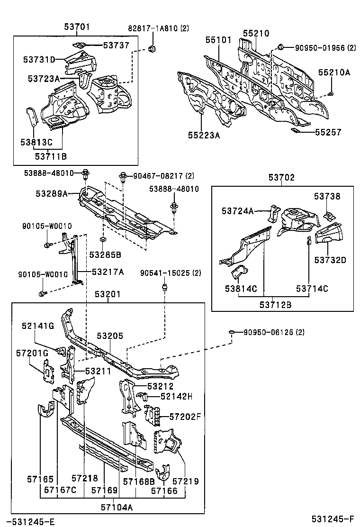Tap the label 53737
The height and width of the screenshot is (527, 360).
[116, 45]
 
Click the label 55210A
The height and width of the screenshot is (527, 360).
[334, 72]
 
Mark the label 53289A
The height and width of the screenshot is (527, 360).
[51, 193]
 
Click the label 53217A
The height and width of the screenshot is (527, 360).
[108, 272]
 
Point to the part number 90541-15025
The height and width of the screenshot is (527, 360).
[164, 273]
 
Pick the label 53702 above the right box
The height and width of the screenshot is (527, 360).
[281, 178]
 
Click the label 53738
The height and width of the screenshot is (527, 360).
[327, 196]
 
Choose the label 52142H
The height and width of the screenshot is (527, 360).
[176, 396]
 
